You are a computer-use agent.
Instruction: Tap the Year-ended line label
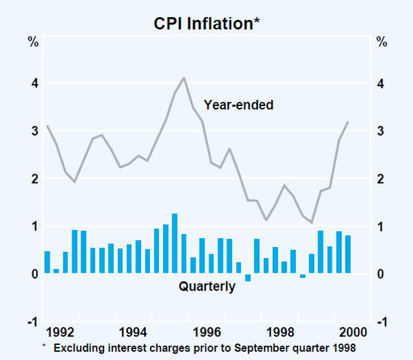pyautogui.click(x=239, y=105)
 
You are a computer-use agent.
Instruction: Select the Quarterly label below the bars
pyautogui.click(x=207, y=286)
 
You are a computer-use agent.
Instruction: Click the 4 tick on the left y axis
pyautogui.click(x=32, y=83)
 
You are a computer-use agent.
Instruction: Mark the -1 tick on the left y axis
pyautogui.click(x=31, y=322)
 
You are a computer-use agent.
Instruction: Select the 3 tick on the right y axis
pyautogui.click(x=380, y=131)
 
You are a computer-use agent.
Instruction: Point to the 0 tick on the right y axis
pyautogui.click(x=380, y=274)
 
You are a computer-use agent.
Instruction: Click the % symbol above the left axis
pyautogui.click(x=32, y=41)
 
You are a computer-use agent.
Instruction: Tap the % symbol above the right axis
pyautogui.click(x=381, y=41)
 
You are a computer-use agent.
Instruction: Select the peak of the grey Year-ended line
pyautogui.click(x=184, y=78)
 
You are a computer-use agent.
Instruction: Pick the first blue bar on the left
pyautogui.click(x=47, y=262)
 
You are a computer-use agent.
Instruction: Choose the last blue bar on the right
pyautogui.click(x=348, y=254)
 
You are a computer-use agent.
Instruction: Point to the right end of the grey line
pyautogui.click(x=348, y=122)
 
